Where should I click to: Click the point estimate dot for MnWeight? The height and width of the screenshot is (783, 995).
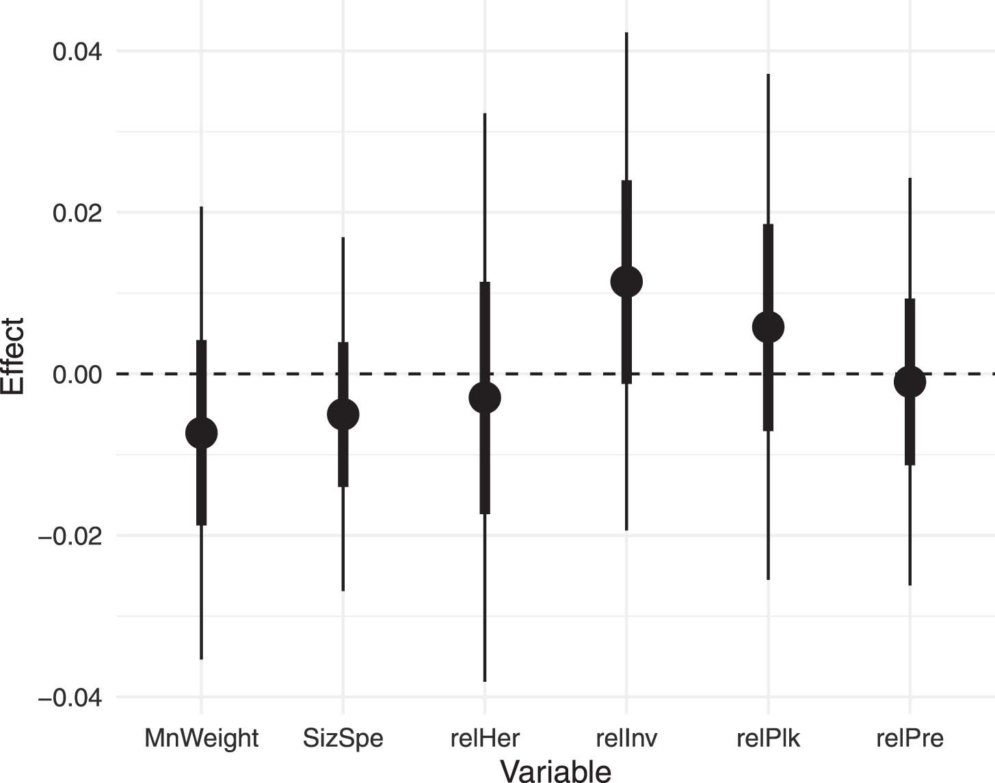click(x=201, y=433)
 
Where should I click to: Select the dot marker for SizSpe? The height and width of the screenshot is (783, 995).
click(x=343, y=414)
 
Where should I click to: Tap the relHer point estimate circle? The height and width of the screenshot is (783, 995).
click(x=485, y=397)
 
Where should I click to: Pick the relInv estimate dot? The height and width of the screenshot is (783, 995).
click(x=626, y=281)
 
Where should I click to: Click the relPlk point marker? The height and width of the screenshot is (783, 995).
click(x=768, y=328)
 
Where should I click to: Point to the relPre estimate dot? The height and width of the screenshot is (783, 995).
click(x=910, y=382)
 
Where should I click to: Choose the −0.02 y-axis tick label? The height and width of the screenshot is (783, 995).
click(x=70, y=536)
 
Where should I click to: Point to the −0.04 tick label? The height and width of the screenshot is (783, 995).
click(x=70, y=698)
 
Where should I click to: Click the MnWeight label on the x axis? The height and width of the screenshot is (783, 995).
click(x=201, y=739)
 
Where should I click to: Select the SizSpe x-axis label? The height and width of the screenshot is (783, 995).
click(x=343, y=739)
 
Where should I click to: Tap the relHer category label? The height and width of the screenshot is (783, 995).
click(x=485, y=739)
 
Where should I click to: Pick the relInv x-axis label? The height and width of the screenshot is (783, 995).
click(x=626, y=739)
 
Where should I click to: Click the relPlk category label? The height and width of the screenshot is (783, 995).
click(x=768, y=739)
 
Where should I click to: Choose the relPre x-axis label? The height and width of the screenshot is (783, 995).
click(x=910, y=739)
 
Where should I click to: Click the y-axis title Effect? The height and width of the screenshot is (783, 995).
click(x=14, y=356)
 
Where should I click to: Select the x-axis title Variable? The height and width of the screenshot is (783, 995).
click(x=555, y=771)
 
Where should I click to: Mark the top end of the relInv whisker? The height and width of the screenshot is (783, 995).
click(x=626, y=33)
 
